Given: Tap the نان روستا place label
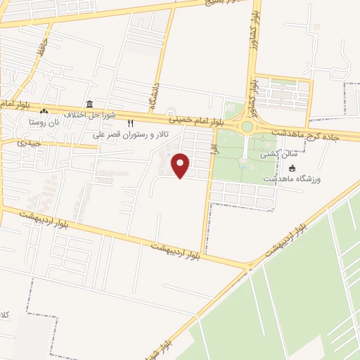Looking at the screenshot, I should point(43,121).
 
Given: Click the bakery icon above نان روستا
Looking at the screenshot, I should point(44,111).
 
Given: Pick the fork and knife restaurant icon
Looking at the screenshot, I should point(130,123).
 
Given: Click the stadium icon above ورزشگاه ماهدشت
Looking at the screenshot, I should point(292,168).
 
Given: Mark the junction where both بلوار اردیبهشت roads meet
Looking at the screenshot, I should point(250,266).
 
